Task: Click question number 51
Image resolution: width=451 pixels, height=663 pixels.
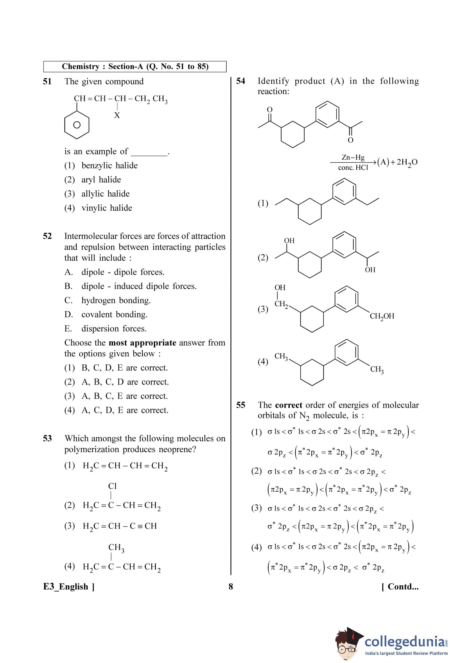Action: [47, 82]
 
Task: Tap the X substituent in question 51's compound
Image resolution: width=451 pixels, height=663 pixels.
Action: [117, 115]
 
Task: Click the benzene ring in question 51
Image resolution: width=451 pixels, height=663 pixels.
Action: [77, 125]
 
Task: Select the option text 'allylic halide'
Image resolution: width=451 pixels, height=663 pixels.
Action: [105, 194]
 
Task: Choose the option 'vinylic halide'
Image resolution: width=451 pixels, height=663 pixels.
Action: [107, 208]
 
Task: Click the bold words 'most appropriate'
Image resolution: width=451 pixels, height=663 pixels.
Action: [142, 343]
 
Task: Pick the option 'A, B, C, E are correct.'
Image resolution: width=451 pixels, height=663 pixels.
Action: [125, 396]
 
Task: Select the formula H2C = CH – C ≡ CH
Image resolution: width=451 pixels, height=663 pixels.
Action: [120, 526]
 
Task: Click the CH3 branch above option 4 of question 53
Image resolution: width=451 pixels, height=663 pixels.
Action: [116, 547]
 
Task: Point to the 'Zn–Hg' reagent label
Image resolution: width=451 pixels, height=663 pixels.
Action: [353, 157]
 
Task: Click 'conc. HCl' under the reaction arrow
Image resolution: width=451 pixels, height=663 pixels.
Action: [353, 168]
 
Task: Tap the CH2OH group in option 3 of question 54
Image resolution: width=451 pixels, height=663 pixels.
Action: [382, 316]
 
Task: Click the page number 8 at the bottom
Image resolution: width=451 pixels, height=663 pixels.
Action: [231, 587]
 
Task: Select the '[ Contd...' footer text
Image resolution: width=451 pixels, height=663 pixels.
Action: [400, 587]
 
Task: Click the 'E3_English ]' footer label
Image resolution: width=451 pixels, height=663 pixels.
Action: [69, 587]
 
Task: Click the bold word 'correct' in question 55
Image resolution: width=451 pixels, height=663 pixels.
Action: [289, 405]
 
